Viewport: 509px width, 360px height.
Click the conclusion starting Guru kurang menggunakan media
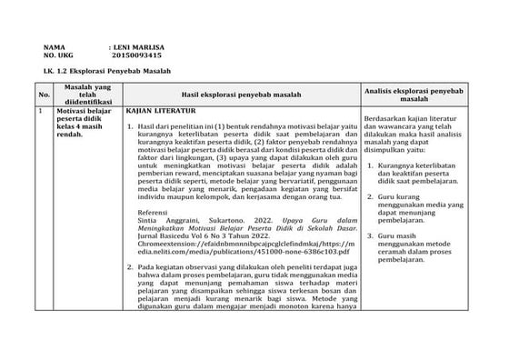422,211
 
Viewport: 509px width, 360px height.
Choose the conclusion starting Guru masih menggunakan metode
423,246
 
